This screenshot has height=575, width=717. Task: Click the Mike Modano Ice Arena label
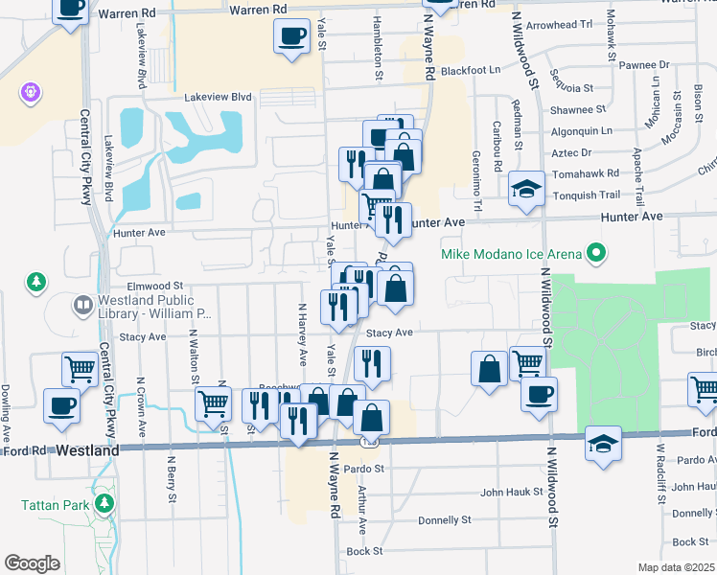pyautogui.click(x=511, y=254)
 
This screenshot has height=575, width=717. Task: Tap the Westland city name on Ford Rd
pyautogui.click(x=87, y=449)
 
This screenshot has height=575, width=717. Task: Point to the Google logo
pyautogui.click(x=33, y=563)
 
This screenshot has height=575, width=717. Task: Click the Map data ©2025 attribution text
pyautogui.click(x=676, y=567)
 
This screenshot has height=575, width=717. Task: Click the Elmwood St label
pyautogui.click(x=153, y=286)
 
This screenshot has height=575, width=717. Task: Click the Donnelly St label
pyautogui.click(x=445, y=520)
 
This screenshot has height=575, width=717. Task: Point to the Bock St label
pyautogui.click(x=364, y=551)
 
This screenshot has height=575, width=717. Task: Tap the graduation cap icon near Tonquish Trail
pyautogui.click(x=526, y=188)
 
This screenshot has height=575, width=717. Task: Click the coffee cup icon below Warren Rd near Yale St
pyautogui.click(x=291, y=36)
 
